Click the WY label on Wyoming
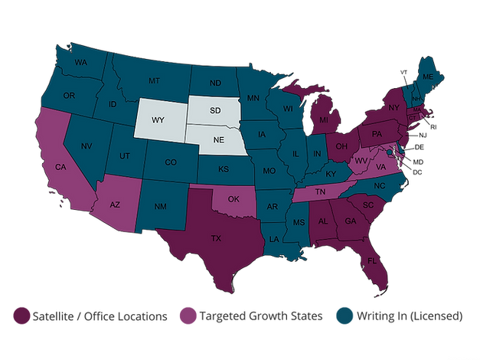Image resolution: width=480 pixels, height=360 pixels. (158, 120)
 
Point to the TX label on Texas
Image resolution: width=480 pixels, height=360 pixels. (216, 238)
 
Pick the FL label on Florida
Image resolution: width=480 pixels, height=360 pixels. (373, 259)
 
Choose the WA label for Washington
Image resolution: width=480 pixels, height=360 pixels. (81, 61)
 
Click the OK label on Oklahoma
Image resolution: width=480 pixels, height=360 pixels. (233, 199)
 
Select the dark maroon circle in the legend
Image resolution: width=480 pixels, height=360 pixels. (21, 317)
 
